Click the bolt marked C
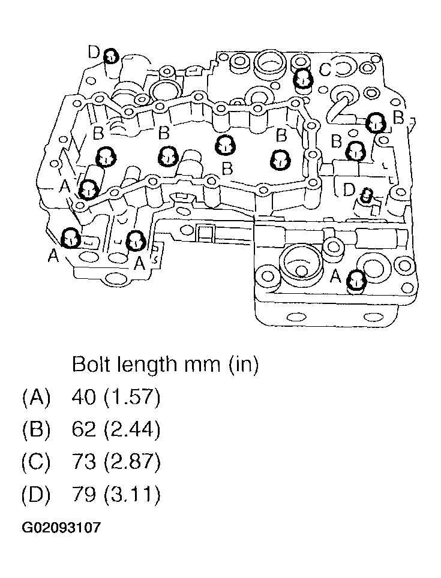click(303, 77)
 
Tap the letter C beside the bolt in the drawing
click(326, 70)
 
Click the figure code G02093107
click(61, 528)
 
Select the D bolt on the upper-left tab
click(111, 57)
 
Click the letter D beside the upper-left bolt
click(94, 53)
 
